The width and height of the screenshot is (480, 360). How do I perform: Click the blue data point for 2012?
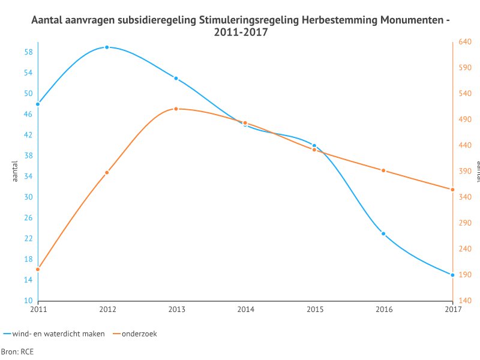click(107, 47)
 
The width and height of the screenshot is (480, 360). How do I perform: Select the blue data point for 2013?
click(176, 78)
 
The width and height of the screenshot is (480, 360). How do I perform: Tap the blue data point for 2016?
click(383, 233)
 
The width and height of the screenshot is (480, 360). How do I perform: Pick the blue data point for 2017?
click(452, 275)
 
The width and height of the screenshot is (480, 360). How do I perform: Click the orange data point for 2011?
click(38, 269)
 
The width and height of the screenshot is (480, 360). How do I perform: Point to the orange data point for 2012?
click(107, 172)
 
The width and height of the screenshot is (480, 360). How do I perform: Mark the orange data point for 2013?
click(176, 109)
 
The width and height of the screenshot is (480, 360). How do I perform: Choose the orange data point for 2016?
click(383, 170)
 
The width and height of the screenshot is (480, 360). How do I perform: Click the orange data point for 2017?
click(452, 190)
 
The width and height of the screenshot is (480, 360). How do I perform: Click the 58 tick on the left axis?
click(28, 52)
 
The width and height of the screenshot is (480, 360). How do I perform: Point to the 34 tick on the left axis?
click(28, 176)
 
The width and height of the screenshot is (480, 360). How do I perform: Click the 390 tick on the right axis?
click(464, 172)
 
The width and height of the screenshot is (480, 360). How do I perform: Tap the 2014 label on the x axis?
click(245, 310)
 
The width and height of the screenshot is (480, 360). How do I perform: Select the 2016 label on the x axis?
click(383, 310)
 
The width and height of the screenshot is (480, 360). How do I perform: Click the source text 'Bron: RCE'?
click(17, 352)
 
